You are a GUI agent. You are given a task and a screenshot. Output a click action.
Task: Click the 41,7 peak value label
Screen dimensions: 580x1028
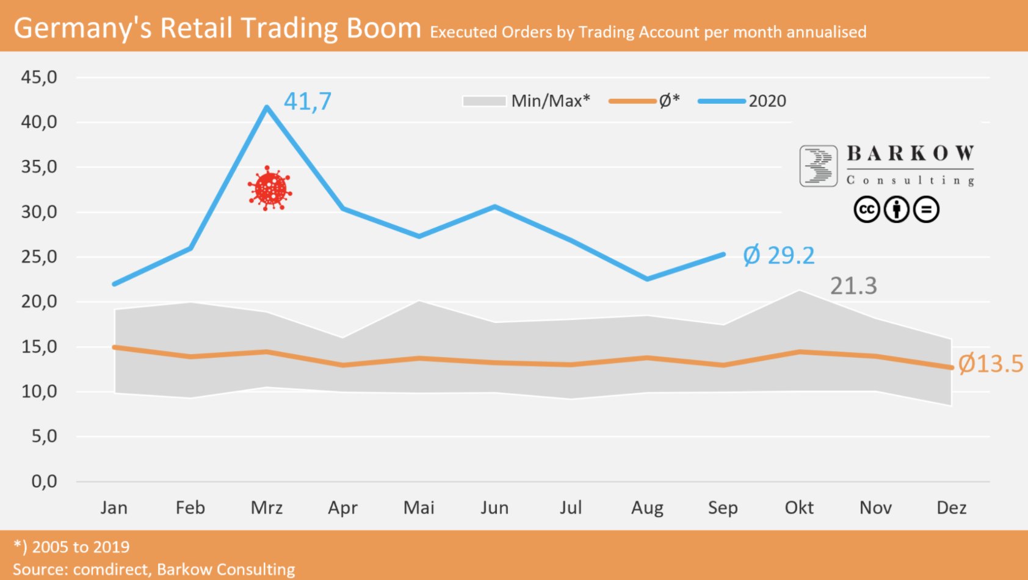pyautogui.click(x=307, y=101)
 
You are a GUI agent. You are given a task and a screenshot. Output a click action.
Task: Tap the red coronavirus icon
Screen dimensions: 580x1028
pyautogui.click(x=270, y=189)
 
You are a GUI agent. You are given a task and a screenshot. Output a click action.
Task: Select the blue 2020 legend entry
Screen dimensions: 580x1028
pyautogui.click(x=742, y=101)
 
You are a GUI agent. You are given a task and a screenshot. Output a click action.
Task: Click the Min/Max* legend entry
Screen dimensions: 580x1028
pyautogui.click(x=526, y=101)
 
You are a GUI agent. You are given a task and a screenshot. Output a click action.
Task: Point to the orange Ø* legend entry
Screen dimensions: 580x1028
pyautogui.click(x=645, y=101)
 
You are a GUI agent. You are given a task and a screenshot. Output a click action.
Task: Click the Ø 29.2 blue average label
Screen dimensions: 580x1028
pyautogui.click(x=778, y=255)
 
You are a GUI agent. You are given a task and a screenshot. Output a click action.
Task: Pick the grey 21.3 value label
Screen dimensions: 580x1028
pyautogui.click(x=853, y=286)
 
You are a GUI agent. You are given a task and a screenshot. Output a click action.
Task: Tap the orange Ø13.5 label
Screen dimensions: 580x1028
pyautogui.click(x=990, y=364)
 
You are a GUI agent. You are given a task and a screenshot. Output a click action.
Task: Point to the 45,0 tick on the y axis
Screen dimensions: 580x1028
pyautogui.click(x=39, y=78)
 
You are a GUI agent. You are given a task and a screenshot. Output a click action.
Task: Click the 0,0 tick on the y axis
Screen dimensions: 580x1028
pyautogui.click(x=44, y=482)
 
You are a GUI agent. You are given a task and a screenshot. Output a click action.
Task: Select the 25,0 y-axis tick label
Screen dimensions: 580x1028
pyautogui.click(x=39, y=257)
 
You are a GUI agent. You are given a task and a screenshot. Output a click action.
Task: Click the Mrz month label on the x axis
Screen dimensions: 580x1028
pyautogui.click(x=267, y=508)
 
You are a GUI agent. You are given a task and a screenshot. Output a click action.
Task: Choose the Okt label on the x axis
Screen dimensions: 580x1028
pyautogui.click(x=799, y=508)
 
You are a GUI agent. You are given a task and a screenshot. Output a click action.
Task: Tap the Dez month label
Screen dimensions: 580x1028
pyautogui.click(x=951, y=508)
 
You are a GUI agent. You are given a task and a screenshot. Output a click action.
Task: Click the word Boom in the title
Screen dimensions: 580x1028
pyautogui.click(x=383, y=28)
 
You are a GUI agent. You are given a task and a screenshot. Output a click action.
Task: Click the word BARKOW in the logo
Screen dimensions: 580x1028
pyautogui.click(x=910, y=153)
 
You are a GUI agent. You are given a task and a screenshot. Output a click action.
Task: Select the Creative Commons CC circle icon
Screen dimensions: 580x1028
pyautogui.click(x=866, y=209)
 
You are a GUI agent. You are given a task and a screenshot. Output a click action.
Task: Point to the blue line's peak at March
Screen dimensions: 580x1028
pyautogui.click(x=267, y=107)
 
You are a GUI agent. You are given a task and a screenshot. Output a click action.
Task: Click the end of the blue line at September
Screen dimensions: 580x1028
pyautogui.click(x=723, y=254)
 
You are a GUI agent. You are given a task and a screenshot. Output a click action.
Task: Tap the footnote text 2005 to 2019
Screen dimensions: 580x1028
pyautogui.click(x=81, y=547)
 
